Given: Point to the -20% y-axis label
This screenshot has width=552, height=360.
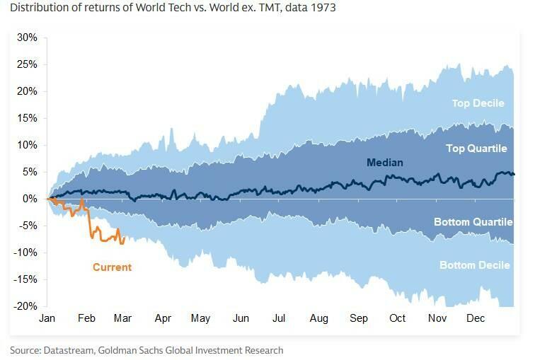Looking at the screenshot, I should pyautogui.click(x=26, y=306).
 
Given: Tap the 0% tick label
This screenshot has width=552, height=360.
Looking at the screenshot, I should pyautogui.click(x=30, y=199).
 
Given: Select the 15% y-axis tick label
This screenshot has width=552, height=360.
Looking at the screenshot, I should pyautogui.click(x=28, y=118).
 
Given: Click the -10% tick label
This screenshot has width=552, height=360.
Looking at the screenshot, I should pyautogui.click(x=26, y=252).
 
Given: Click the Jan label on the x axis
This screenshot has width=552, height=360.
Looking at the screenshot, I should pyautogui.click(x=47, y=319).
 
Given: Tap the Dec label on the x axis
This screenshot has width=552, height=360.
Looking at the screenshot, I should pyautogui.click(x=476, y=319).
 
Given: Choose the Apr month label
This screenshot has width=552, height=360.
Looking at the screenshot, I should pyautogui.click(x=163, y=319).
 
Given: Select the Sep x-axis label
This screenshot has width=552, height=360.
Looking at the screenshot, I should pyautogui.click(x=359, y=319).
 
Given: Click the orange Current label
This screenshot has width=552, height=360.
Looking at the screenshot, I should pyautogui.click(x=113, y=267).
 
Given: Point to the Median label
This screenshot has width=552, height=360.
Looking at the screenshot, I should pyautogui.click(x=385, y=163).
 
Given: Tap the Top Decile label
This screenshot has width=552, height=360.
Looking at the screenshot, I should pyautogui.click(x=478, y=103).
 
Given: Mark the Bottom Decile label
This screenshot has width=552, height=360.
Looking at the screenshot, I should pyautogui.click(x=475, y=265).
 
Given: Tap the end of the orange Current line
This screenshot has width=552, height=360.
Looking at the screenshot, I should pyautogui.click(x=124, y=240).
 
